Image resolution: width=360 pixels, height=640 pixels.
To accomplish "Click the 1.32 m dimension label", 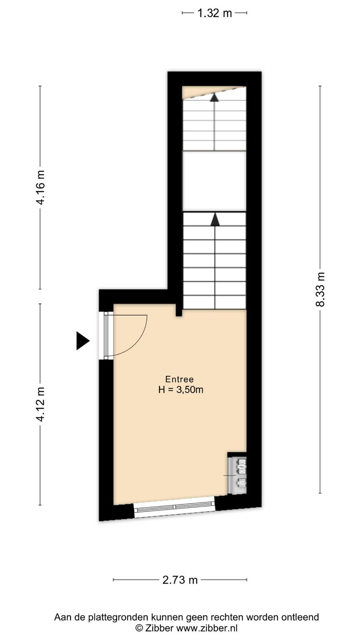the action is click(x=214, y=13).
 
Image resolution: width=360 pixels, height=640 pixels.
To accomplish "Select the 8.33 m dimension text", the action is click(x=320, y=289).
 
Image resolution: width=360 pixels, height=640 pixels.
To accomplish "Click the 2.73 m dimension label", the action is click(x=180, y=580).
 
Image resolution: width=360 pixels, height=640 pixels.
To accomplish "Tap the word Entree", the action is click(x=180, y=379).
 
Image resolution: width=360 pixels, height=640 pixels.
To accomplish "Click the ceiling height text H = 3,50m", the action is click(x=181, y=390).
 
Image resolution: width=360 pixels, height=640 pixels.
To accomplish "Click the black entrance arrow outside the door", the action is click(x=83, y=340).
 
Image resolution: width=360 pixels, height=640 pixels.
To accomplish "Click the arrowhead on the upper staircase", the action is click(x=214, y=98).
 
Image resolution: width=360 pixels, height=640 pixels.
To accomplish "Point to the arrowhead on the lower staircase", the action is click(x=215, y=220).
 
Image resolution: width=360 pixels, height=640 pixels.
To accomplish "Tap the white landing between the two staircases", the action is click(x=214, y=181).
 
